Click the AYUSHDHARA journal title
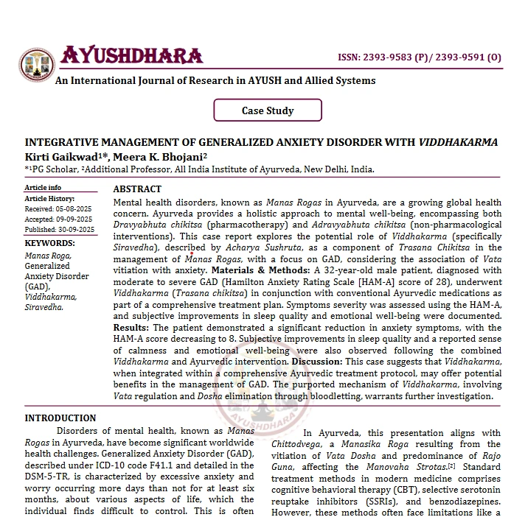tap(131, 56)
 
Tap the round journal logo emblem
tap(37, 65)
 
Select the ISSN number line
tap(419, 57)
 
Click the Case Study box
tap(268, 110)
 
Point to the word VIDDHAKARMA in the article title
tap(458, 142)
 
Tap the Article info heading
tap(44, 188)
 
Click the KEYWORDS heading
tap(49, 243)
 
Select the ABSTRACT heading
tap(137, 189)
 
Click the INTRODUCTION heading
tap(60, 418)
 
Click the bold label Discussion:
tap(317, 362)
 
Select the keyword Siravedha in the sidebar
tap(44, 307)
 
